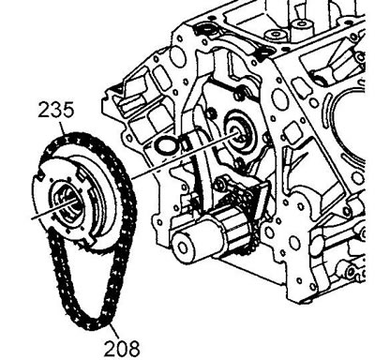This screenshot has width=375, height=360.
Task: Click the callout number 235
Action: pyautogui.click(x=56, y=110)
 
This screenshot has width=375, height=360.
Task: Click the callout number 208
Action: pyautogui.click(x=122, y=349)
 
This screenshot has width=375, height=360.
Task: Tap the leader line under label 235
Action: pyautogui.click(x=63, y=128)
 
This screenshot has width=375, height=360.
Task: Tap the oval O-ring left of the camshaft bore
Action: pyautogui.click(x=167, y=145)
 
